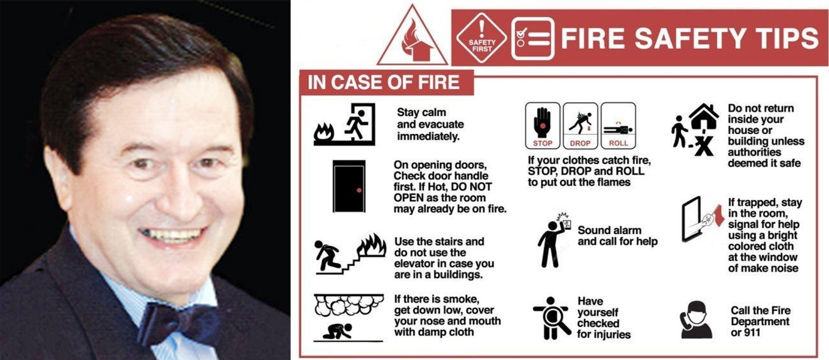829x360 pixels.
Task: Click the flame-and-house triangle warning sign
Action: coord(412,36)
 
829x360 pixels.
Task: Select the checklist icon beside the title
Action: coord(533,39)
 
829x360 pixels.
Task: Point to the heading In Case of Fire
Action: coord(383,82)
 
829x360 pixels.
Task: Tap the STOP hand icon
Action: coord(542,125)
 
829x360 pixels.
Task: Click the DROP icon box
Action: coord(580,125)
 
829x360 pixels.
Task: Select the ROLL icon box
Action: coord(618,125)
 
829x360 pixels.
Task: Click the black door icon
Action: coord(349,186)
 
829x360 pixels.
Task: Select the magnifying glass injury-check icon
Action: coord(551,318)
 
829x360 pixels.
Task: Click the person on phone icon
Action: coord(696,319)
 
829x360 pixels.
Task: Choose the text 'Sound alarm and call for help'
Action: coord(617,236)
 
